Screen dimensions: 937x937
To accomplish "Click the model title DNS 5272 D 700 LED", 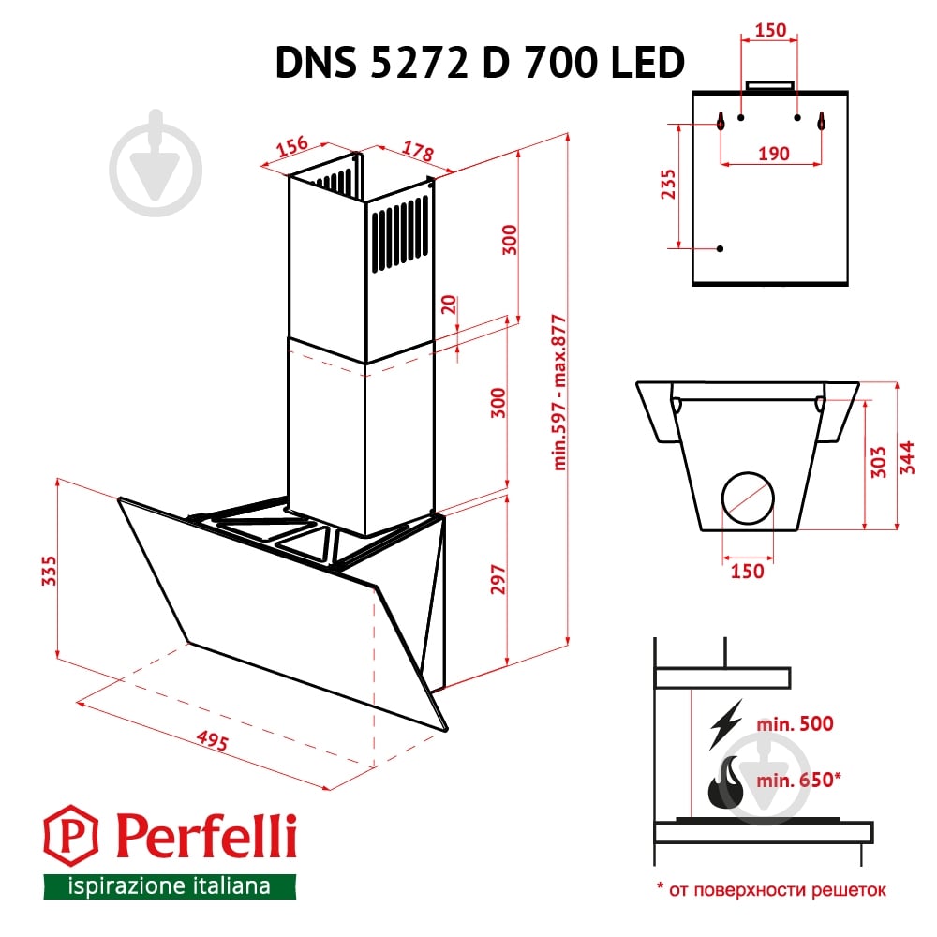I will pos(479,64).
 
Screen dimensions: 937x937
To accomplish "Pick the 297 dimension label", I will pos(498,582).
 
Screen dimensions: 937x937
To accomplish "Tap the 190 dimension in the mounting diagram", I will pos(773,154).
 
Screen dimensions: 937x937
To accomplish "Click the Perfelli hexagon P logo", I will pos(72,838).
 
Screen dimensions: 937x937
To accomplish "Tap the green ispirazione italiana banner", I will pos(170,885).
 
